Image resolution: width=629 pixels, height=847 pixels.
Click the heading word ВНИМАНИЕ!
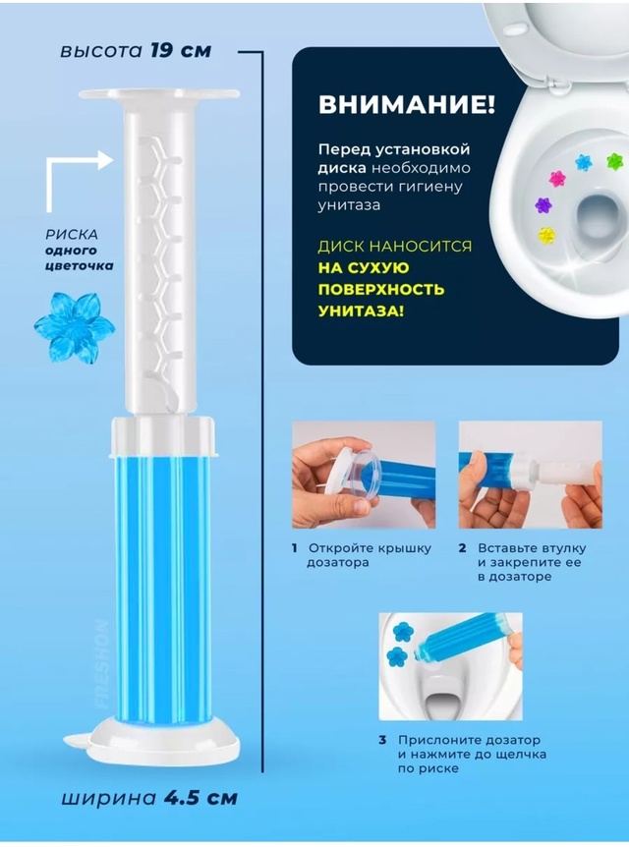(x=406, y=105)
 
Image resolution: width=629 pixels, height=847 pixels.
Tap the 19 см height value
(x=181, y=50)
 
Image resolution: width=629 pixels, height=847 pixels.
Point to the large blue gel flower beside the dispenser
(x=74, y=327)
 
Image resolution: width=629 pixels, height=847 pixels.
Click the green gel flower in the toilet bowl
(x=614, y=160)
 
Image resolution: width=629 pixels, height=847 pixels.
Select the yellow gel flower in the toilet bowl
(x=546, y=234)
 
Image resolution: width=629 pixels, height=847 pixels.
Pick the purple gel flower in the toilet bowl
(x=543, y=204)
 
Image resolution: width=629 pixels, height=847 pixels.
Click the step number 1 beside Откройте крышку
(x=295, y=548)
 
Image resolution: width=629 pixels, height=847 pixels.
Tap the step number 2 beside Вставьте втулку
(x=462, y=548)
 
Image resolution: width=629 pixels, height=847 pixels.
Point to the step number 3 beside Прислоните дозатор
(x=382, y=740)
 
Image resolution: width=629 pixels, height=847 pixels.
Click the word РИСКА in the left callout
(x=72, y=235)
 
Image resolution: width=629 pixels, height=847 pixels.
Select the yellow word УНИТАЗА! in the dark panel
(x=361, y=311)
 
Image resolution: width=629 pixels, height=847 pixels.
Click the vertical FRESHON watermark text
(x=101, y=664)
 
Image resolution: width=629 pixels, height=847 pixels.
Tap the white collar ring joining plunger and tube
(x=164, y=435)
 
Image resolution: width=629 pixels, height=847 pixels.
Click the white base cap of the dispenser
(x=163, y=737)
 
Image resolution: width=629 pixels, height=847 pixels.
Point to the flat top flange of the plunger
(x=159, y=95)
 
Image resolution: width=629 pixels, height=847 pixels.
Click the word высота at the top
(x=101, y=51)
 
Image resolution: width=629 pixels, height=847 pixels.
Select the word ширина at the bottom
(x=108, y=799)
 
